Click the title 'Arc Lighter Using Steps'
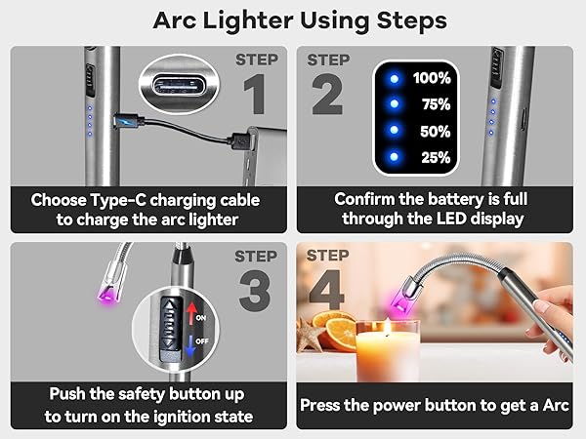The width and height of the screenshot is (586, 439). (293, 20)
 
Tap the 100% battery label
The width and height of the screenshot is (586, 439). (431, 77)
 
